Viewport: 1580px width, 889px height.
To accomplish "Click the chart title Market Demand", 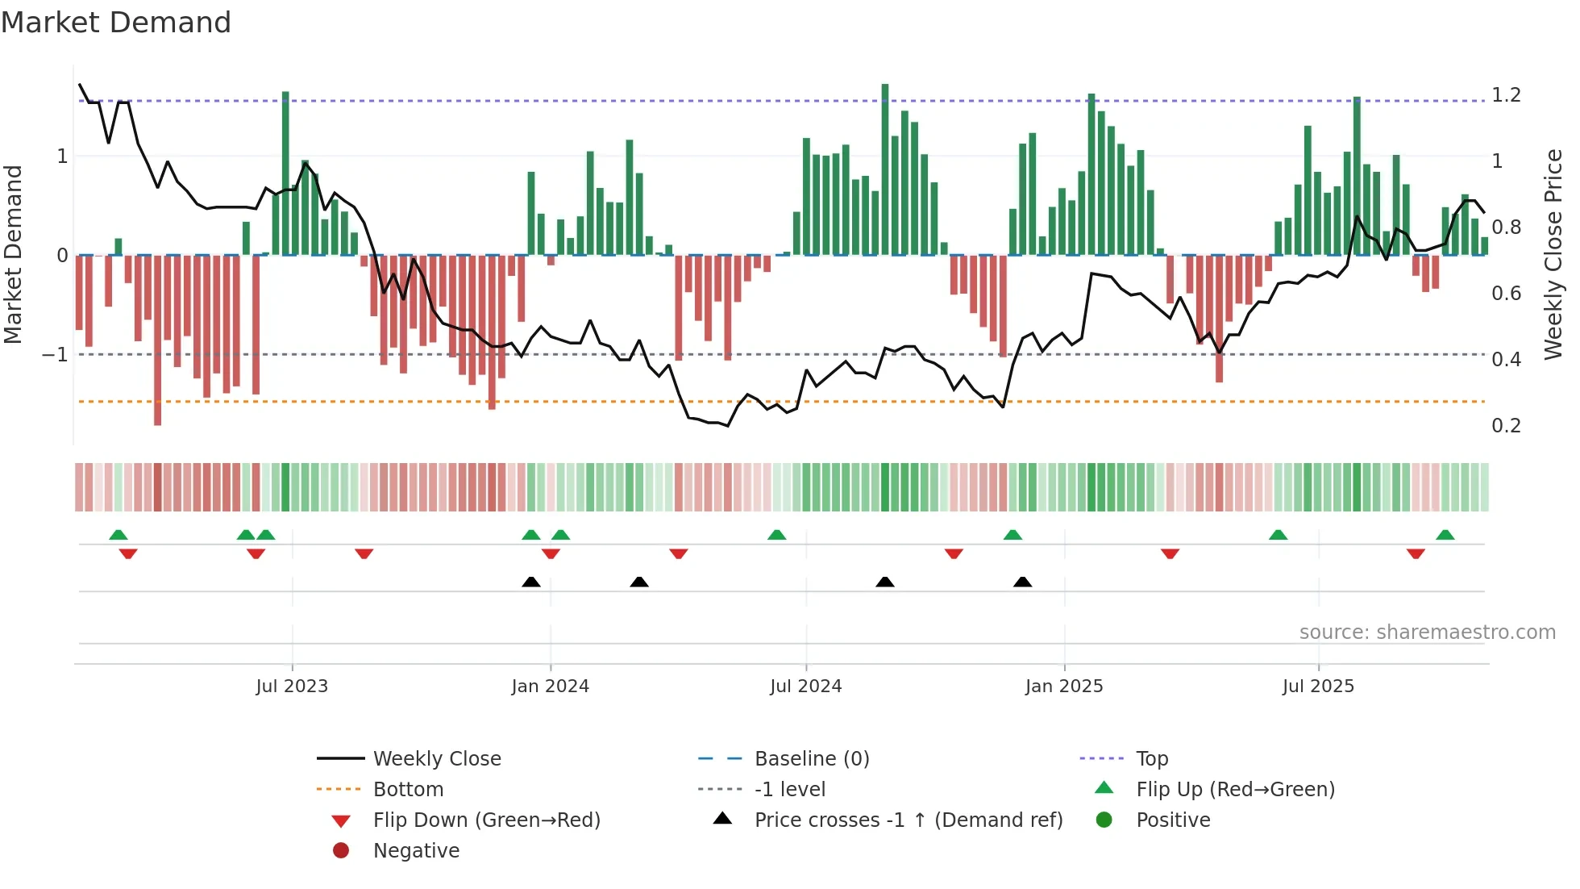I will point(116,23).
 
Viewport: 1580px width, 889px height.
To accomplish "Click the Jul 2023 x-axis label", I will point(292,687).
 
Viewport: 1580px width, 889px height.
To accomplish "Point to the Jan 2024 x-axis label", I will point(550,687).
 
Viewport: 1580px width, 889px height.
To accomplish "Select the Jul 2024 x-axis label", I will point(805,687).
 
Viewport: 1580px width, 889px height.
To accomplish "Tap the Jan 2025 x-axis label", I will point(1064,687).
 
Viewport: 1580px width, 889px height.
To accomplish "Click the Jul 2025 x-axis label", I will point(1318,687).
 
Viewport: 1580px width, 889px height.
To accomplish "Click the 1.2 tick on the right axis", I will point(1506,95).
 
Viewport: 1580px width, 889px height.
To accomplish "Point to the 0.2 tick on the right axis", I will point(1506,426).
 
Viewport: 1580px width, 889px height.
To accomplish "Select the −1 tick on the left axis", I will point(55,355).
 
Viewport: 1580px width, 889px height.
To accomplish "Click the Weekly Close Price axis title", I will point(1553,254).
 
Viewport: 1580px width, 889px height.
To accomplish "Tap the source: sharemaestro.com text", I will point(1427,632).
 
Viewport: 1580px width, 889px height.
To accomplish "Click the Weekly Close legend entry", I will point(437,759).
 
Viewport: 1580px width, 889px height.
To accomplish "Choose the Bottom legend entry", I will point(408,790).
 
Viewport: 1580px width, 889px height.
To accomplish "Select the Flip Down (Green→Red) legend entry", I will point(486,820).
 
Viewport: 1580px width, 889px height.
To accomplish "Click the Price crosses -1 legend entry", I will point(908,820).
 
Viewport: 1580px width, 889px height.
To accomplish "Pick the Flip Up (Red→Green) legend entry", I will point(1235,790).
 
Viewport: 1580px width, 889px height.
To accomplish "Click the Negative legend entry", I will point(416,851).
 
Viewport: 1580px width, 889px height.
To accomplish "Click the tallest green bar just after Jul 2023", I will point(285,173).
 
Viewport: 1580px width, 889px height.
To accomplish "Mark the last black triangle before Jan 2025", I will point(1022,582).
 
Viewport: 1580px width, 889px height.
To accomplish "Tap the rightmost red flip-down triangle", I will point(1416,553).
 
